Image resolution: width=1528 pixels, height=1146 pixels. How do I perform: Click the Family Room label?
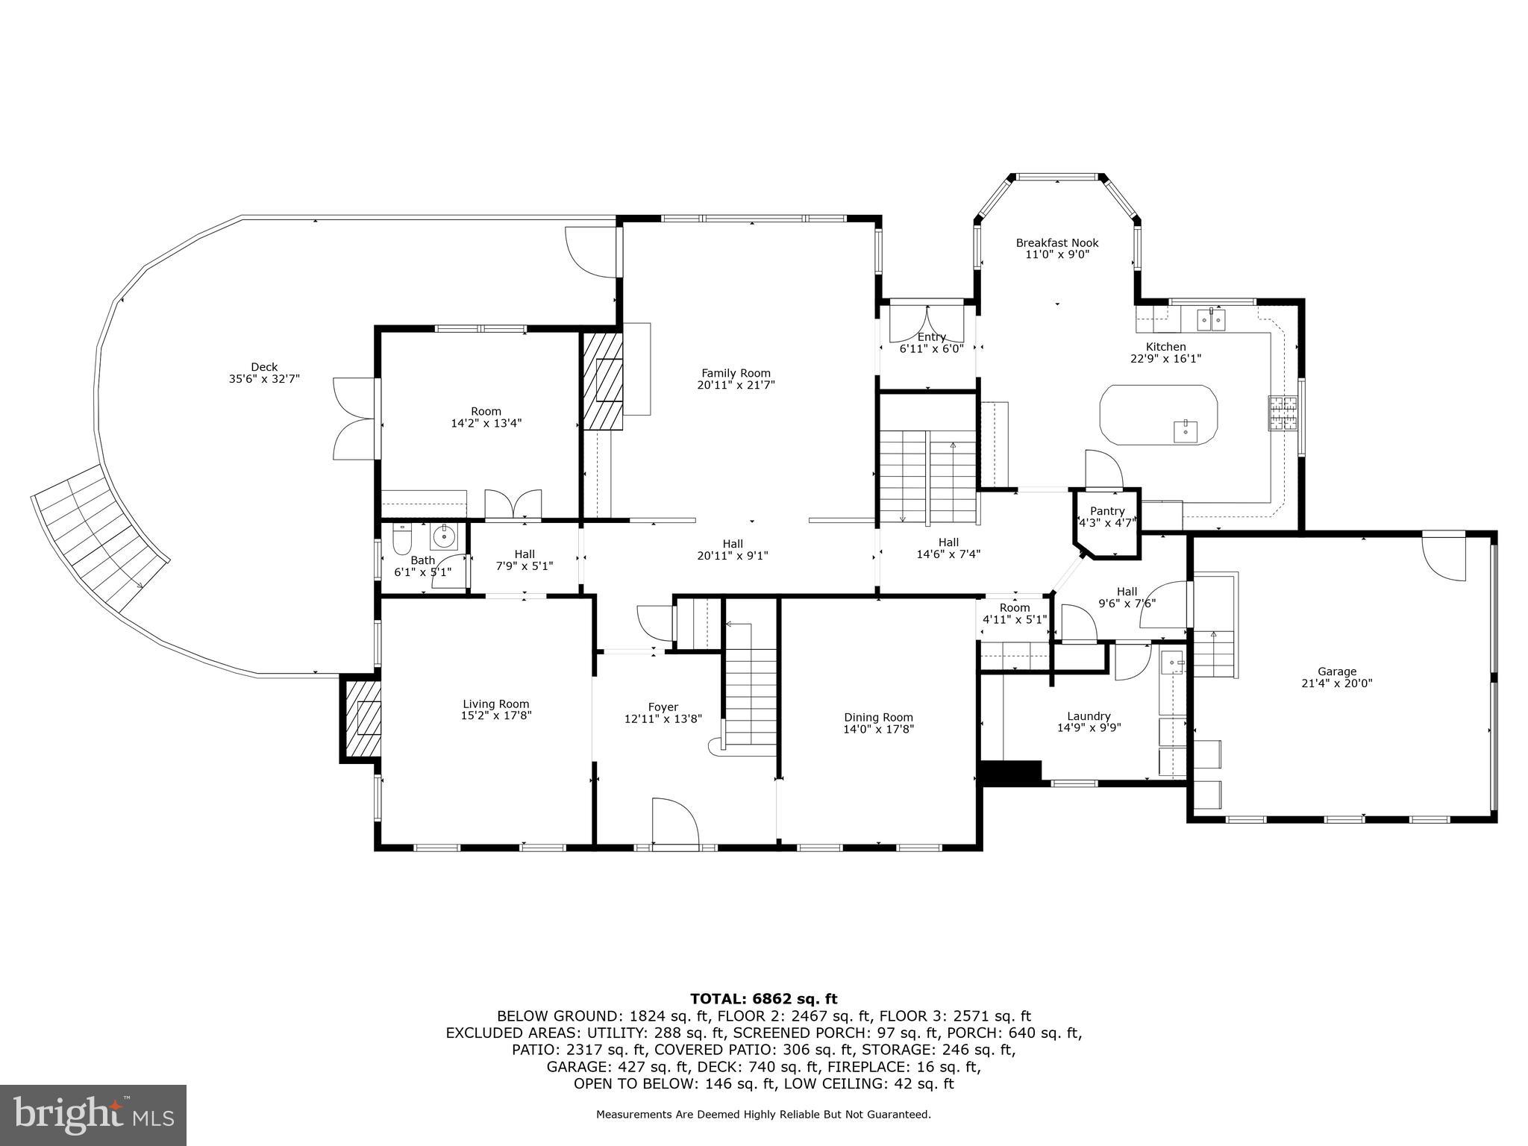[x=735, y=373]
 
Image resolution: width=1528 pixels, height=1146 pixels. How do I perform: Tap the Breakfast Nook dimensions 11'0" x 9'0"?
[x=1056, y=254]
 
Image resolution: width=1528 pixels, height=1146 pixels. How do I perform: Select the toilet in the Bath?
[x=402, y=536]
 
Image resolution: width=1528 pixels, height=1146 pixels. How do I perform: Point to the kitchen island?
[x=1158, y=416]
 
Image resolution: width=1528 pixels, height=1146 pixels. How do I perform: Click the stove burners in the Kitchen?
[x=1283, y=414]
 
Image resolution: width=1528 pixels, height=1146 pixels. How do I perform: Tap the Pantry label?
[x=1106, y=511]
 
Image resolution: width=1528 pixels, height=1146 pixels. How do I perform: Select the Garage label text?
[x=1336, y=671]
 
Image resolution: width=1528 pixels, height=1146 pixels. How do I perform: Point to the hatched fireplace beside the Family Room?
[x=603, y=381]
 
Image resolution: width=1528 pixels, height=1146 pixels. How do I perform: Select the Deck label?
[x=264, y=367]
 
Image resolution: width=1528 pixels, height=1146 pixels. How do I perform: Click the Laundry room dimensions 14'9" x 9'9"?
[x=1089, y=728]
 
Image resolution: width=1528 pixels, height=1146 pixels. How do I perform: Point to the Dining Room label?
[x=877, y=718]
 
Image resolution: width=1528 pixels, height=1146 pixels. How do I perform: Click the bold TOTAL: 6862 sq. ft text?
[x=763, y=999]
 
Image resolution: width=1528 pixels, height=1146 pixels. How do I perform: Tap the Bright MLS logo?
[x=93, y=1115]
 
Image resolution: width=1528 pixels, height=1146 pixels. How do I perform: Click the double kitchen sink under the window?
[x=1211, y=319]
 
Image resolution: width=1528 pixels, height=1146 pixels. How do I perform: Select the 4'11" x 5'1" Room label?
[x=1014, y=619]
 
